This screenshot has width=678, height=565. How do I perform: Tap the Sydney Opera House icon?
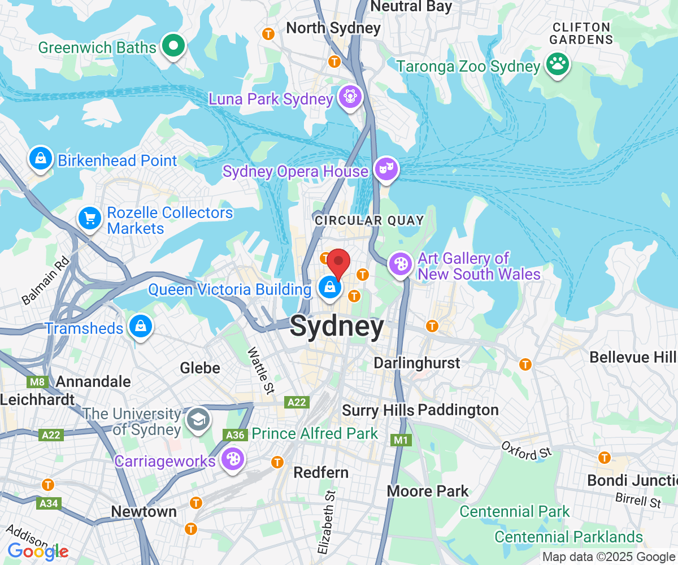(386, 169)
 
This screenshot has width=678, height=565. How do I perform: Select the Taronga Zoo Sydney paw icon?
(558, 64)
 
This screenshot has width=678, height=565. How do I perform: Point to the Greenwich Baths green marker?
(173, 46)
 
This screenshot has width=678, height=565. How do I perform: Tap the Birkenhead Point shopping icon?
(41, 159)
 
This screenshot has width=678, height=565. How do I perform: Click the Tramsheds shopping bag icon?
(138, 327)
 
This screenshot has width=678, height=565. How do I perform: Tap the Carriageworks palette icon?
(232, 459)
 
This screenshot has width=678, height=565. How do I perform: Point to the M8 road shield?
(37, 382)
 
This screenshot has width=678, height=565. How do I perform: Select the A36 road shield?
(235, 434)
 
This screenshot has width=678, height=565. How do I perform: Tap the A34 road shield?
(49, 503)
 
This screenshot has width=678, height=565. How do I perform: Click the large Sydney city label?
(337, 327)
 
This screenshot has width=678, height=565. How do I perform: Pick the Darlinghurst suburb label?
(417, 362)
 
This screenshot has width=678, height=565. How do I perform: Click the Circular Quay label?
(370, 220)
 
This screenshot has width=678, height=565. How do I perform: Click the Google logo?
(38, 551)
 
